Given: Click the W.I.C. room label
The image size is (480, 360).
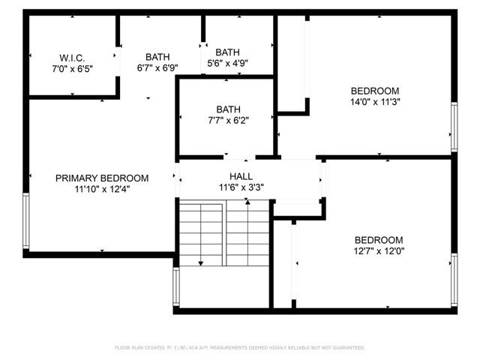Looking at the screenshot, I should coord(72,58).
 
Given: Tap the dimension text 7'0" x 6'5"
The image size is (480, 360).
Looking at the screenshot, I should coord(72,69).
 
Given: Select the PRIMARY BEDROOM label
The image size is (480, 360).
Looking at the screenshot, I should coord(102,178).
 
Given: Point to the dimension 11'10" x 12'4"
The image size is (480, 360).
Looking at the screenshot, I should coord(102,190).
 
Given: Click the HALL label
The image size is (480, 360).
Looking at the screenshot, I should coord(241,175).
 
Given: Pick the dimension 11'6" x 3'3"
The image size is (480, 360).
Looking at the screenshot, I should coord(241,187).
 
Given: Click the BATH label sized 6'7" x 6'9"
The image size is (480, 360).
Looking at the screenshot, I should coord(157,56).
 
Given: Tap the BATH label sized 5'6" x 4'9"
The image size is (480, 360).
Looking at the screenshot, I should coord(227,52).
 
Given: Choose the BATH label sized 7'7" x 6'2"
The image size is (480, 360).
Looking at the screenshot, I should coord(227,108).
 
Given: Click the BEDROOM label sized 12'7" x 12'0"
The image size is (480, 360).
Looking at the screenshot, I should coord(379,240).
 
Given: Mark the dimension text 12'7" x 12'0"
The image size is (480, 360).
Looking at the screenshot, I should coord(379,252).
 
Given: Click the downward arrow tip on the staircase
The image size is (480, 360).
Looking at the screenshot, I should coord(201,263).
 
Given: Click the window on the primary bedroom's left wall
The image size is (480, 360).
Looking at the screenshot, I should coord(26,221).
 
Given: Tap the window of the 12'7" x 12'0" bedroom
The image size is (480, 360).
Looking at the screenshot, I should coord(453,280).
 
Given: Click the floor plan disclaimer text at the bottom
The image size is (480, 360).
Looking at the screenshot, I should coord(240,348).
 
